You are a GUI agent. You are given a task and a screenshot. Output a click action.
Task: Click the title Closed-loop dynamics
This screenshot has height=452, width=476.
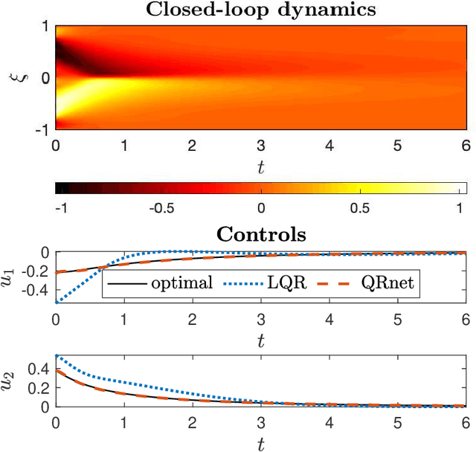[x=260, y=10]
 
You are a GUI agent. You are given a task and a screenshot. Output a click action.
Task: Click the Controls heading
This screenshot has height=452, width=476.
[x=260, y=236]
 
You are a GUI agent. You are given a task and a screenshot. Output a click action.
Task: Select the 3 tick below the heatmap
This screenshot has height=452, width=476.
[x=261, y=145]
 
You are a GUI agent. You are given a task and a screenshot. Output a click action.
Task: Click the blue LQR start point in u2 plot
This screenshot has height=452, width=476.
[x=57, y=356]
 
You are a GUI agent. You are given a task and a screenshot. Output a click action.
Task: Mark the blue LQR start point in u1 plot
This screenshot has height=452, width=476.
[x=57, y=302]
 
